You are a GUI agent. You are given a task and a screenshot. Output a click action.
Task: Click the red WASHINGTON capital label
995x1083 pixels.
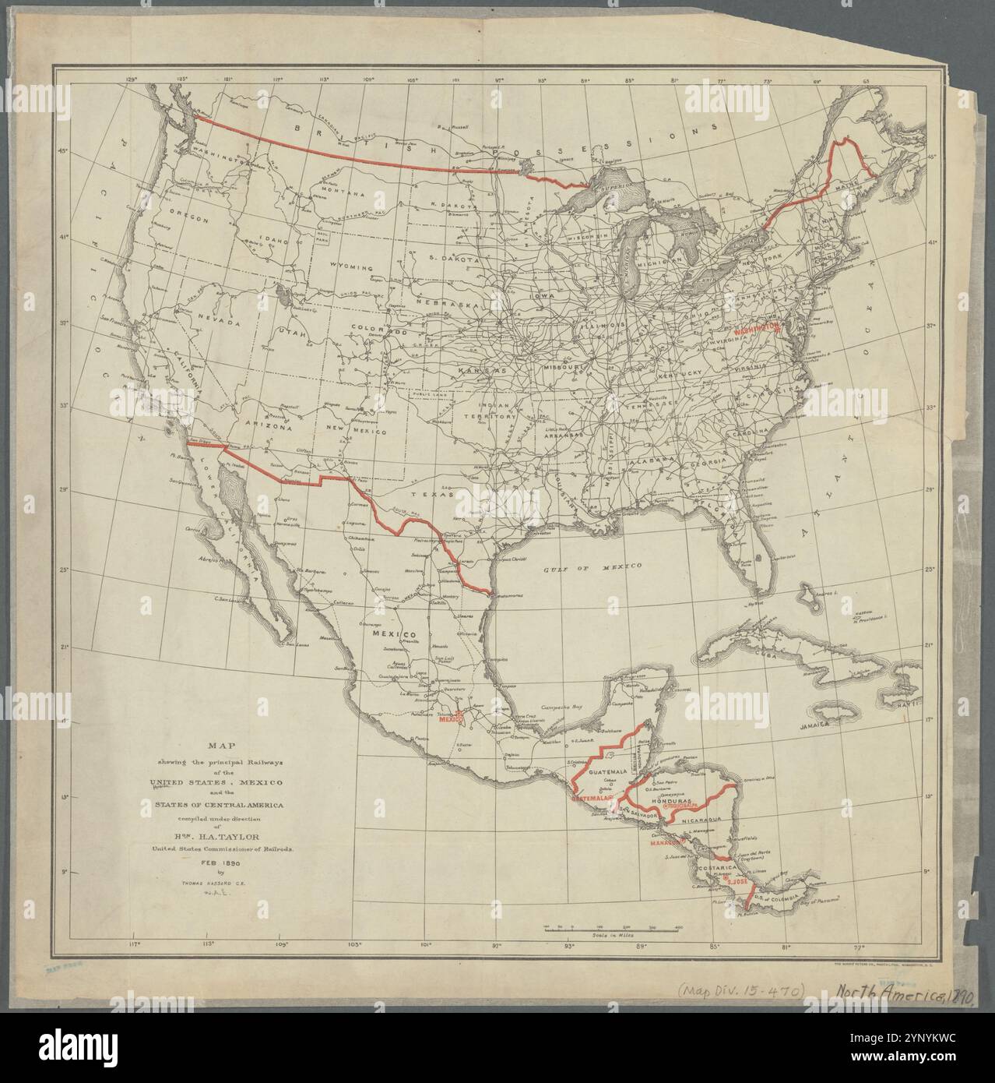(754, 329)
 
